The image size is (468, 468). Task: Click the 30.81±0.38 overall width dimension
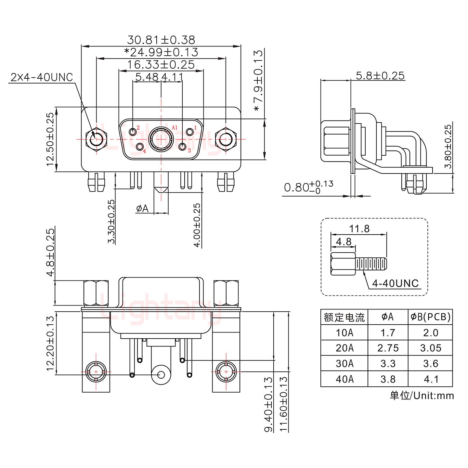[x=161, y=40]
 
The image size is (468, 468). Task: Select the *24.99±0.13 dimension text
[x=161, y=52]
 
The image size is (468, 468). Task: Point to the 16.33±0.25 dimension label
[x=161, y=65]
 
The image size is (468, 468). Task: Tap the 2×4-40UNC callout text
[x=42, y=77]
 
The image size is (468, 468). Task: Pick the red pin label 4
[x=144, y=151]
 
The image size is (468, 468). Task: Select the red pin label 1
[x=195, y=128]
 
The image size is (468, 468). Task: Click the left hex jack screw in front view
[x=96, y=139]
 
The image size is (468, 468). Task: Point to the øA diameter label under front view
[x=142, y=208]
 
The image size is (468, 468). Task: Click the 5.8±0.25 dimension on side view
[x=380, y=76]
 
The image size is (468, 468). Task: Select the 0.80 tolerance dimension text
[x=308, y=188]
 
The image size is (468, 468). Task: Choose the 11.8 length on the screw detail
[x=359, y=229]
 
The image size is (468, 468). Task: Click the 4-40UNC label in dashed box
[x=395, y=283]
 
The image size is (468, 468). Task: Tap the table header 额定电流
[x=344, y=317]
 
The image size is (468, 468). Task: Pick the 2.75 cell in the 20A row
[x=388, y=348]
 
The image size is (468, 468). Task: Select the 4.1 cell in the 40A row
[x=431, y=379]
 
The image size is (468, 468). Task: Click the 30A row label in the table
[x=344, y=364]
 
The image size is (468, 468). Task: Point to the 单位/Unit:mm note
[x=422, y=396]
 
